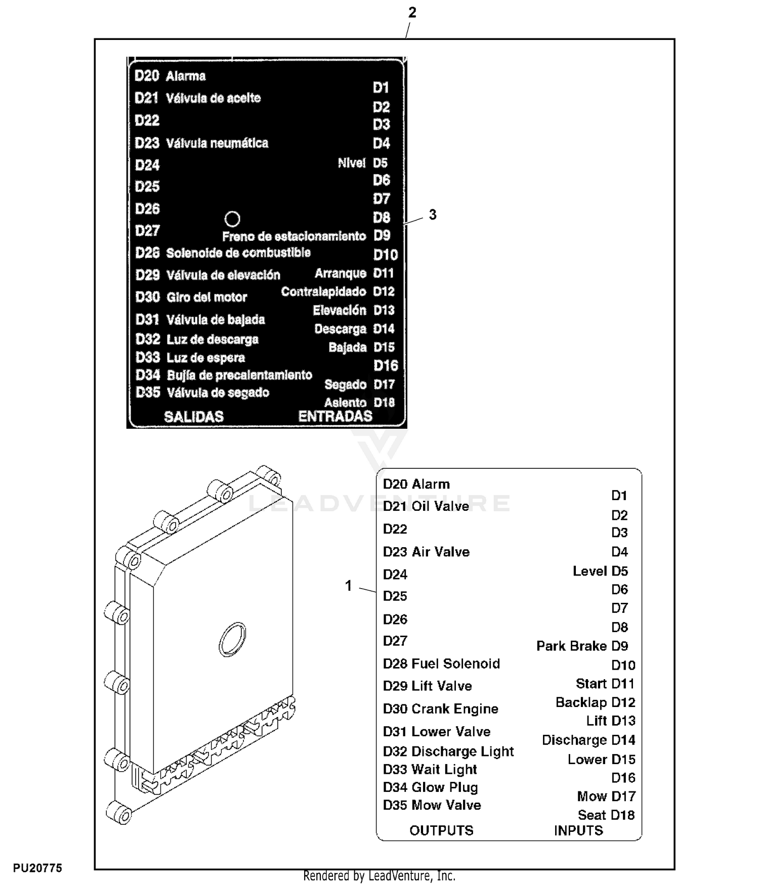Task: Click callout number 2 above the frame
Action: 412,13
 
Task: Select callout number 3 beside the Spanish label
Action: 432,215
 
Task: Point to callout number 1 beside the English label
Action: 348,586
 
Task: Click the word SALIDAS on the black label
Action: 194,417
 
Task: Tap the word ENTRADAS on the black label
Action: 335,416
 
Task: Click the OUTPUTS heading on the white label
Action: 441,830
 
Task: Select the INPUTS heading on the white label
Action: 578,830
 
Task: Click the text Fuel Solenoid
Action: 456,663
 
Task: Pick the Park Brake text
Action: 571,646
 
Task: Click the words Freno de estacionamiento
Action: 294,236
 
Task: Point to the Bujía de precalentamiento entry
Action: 239,375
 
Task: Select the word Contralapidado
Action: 323,292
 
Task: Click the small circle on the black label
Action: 232,219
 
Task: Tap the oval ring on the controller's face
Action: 233,639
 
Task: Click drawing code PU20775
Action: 37,868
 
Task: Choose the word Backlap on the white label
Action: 581,702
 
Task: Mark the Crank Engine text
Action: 455,709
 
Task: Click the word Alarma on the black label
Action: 186,76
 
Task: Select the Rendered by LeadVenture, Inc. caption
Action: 379,876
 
